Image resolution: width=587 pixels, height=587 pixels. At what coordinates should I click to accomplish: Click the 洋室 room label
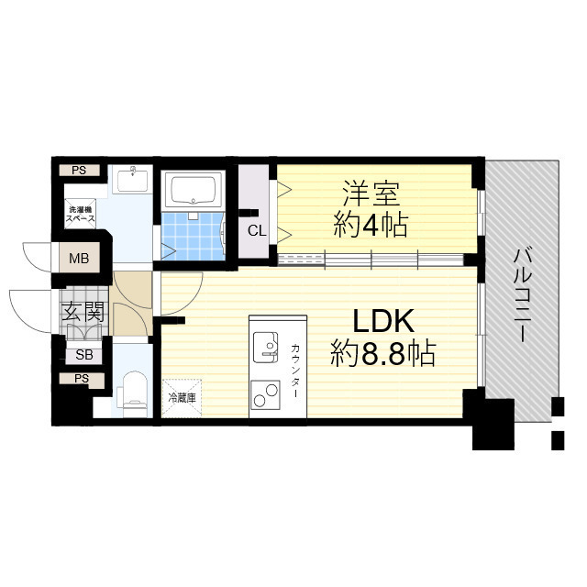click(371, 194)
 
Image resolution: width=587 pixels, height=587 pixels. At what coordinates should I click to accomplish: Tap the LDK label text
click(383, 321)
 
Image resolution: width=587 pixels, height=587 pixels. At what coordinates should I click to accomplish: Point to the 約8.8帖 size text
click(383, 353)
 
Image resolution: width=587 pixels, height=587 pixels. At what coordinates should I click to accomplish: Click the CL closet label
click(257, 230)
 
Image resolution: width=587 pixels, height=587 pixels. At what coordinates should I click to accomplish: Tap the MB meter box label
click(79, 258)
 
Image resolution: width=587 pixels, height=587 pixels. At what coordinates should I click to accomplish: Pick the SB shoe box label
click(83, 354)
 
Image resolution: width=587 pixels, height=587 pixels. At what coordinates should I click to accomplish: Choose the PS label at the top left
click(79, 171)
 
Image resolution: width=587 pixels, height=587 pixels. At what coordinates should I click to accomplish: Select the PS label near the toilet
click(82, 379)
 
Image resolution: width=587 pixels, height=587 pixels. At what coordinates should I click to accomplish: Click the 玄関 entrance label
click(83, 312)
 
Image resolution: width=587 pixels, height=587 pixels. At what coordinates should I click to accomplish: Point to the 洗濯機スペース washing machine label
click(80, 214)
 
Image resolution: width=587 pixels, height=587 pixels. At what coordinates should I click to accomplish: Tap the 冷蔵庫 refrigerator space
click(182, 397)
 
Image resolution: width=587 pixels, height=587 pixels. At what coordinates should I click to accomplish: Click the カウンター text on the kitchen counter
click(294, 371)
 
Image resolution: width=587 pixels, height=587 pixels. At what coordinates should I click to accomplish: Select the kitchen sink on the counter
click(265, 347)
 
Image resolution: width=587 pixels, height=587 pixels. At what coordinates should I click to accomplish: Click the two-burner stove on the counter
click(265, 395)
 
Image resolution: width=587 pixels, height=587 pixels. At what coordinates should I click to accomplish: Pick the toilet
click(133, 393)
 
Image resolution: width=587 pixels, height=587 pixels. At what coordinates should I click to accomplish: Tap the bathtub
click(194, 190)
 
